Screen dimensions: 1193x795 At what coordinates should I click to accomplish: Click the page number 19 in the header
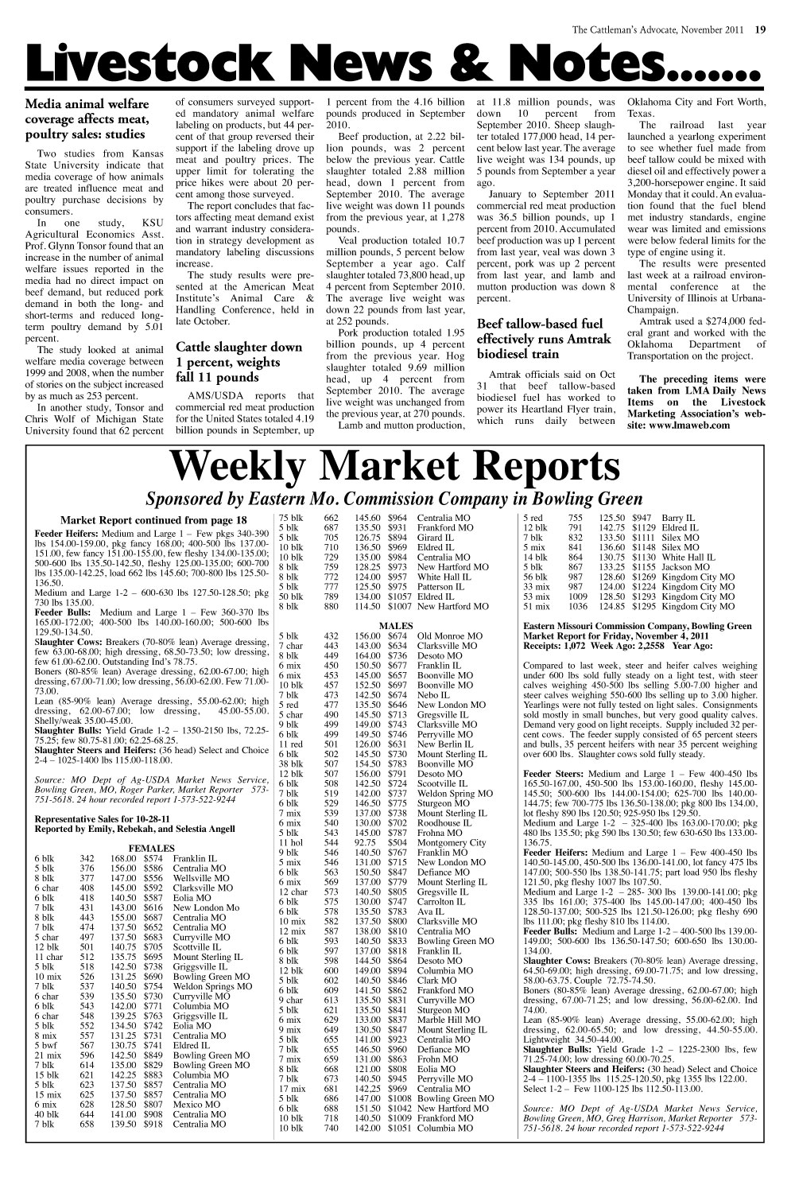pos(760,30)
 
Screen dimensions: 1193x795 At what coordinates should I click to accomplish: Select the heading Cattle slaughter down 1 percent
pos(238,362)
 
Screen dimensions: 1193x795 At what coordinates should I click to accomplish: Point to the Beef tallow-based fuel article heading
pos(545,339)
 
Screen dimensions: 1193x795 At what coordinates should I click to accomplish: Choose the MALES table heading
pos(395,626)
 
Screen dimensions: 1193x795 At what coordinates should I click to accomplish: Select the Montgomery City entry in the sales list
pos(451,842)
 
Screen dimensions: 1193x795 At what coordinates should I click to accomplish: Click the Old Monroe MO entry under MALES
pos(449,636)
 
